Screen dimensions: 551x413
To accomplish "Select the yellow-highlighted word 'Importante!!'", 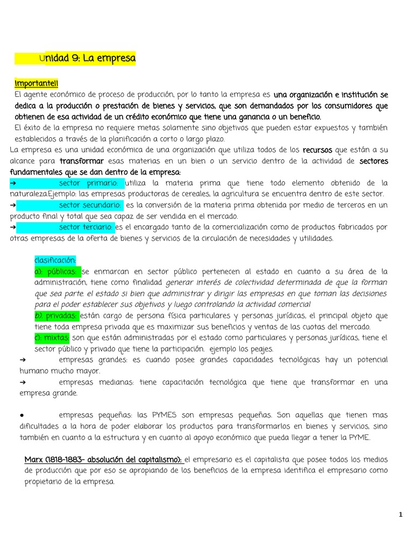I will coord(37,84).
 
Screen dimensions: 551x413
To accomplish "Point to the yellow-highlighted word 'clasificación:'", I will coord(55,260).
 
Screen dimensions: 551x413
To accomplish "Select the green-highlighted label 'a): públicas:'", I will coord(58,271).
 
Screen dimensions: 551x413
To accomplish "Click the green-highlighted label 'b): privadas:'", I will coord(56,315).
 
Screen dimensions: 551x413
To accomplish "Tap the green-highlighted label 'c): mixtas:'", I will coord(52,338).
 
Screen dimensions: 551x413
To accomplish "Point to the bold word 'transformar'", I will coord(82,161).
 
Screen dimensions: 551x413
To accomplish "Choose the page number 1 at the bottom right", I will coord(400,515).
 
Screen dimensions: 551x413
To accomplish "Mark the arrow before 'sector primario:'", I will coord(13,183).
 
